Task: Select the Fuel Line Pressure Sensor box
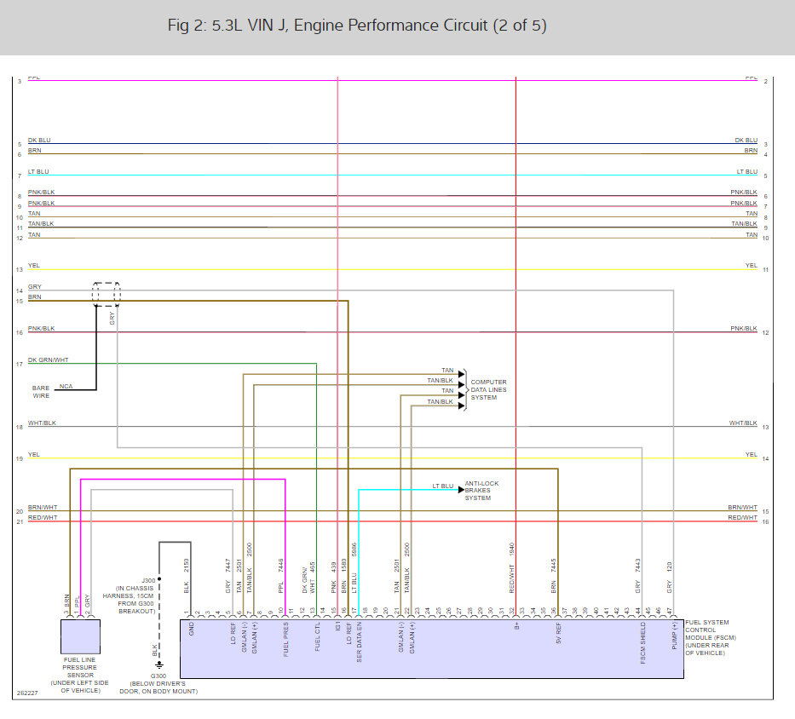[80, 636]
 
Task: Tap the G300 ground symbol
[158, 665]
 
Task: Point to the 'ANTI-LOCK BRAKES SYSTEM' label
[481, 491]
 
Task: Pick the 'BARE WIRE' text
[41, 391]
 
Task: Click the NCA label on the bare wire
[66, 387]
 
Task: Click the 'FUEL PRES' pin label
[285, 640]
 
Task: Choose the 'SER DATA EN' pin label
[359, 643]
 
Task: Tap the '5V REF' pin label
[558, 634]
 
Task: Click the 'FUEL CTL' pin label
[317, 638]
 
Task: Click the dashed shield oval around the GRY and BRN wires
[107, 294]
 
